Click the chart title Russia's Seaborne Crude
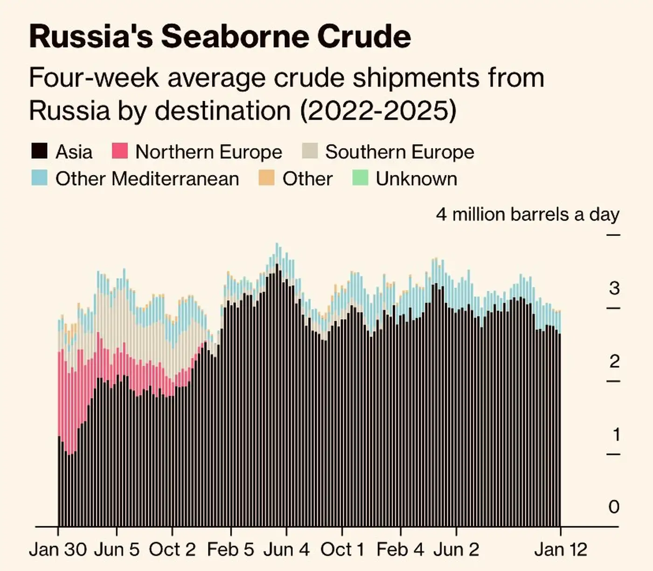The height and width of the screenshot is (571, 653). tap(220, 36)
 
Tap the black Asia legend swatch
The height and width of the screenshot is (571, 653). tap(40, 152)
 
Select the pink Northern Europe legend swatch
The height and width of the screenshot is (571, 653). tap(120, 152)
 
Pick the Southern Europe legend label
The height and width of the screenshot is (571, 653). tap(399, 152)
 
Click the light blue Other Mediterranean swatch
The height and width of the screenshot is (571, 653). tap(40, 178)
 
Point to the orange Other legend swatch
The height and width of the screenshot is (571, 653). tap(266, 178)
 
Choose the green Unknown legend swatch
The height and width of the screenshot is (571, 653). tap(360, 178)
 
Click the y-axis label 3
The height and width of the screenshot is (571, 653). tap(614, 288)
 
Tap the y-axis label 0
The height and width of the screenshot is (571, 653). tap(614, 507)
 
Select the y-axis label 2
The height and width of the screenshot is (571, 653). tap(614, 362)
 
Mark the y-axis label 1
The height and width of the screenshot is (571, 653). tap(616, 434)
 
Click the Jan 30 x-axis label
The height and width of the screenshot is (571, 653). tap(58, 549)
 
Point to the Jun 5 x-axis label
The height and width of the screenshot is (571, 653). tap(117, 549)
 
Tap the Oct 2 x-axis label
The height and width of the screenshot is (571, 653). tap(172, 549)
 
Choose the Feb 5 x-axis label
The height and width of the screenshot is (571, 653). tap(230, 549)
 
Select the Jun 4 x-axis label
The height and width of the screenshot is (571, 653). tap(286, 549)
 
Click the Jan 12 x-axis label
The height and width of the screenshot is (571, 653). tap(561, 549)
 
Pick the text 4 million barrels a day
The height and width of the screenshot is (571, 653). tap(528, 215)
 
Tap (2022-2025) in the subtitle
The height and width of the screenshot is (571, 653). tap(377, 111)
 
